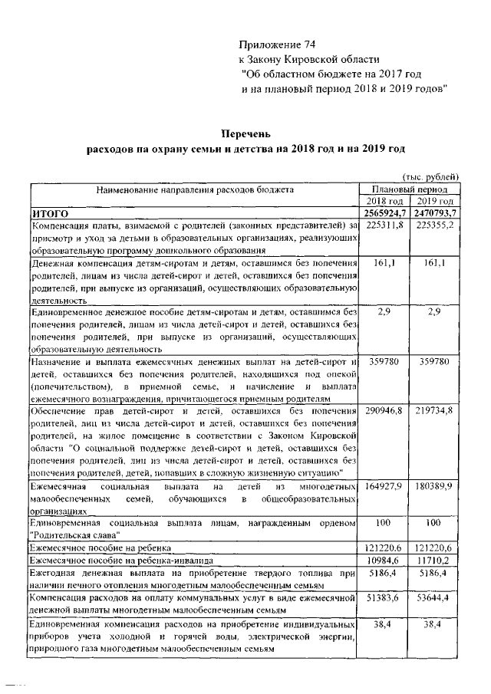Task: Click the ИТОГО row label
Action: pos(50,212)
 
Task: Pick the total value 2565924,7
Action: pos(385,212)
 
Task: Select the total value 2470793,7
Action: pos(435,212)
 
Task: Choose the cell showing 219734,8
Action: pos(435,412)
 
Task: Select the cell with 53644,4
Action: pos(435,597)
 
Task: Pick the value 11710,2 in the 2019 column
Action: pos(435,561)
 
